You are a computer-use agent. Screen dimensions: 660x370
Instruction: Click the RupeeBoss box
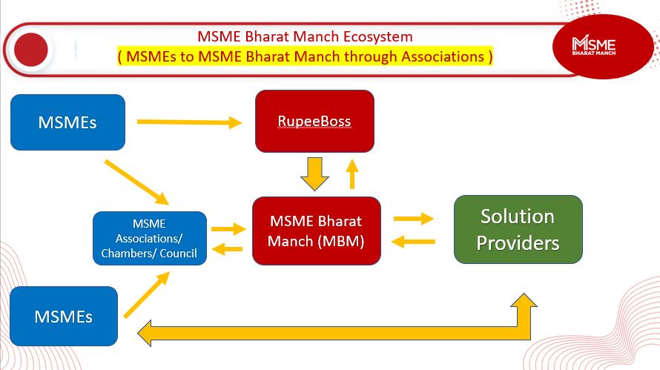pos(314,121)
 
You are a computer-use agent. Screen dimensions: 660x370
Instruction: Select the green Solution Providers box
pos(518,229)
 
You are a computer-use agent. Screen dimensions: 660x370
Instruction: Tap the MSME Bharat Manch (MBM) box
pos(317,231)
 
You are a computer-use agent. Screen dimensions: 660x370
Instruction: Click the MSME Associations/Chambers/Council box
pos(149,238)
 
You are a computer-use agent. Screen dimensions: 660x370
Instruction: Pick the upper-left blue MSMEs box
pos(67,122)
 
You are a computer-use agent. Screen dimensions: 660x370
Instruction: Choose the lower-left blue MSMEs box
pos(64,316)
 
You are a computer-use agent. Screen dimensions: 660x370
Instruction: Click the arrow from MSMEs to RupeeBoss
pos(189,122)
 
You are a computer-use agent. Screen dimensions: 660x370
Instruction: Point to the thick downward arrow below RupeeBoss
pos(314,174)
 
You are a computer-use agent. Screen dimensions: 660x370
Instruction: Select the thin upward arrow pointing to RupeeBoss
pos(352,174)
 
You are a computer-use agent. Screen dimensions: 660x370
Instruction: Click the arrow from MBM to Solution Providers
pos(413,219)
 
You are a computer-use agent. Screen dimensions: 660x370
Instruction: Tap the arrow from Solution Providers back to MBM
pos(413,242)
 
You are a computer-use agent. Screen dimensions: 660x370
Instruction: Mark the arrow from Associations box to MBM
pos(228,229)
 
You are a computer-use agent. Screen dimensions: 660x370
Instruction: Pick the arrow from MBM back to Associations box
pos(228,249)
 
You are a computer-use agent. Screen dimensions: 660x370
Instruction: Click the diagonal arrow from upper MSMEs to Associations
pos(136,182)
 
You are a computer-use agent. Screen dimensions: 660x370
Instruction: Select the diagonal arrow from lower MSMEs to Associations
pos(147,294)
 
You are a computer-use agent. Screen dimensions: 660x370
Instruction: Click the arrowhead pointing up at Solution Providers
pos(524,300)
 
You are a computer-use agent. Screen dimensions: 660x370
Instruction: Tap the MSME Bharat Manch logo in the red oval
pos(593,45)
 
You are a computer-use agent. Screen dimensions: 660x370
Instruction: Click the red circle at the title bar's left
pos(30,50)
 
